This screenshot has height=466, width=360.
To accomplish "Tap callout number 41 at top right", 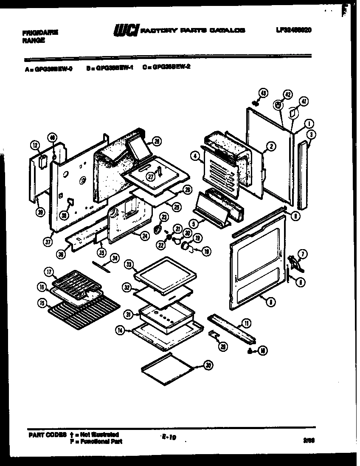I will [304, 101].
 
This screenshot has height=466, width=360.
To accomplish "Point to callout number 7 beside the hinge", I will [302, 255].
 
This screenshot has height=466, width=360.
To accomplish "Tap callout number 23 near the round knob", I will [164, 218].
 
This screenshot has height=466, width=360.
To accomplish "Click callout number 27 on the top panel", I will [149, 177].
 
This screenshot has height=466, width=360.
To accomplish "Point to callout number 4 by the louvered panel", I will [195, 157].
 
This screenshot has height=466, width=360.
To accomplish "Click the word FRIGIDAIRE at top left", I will [40, 32].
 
